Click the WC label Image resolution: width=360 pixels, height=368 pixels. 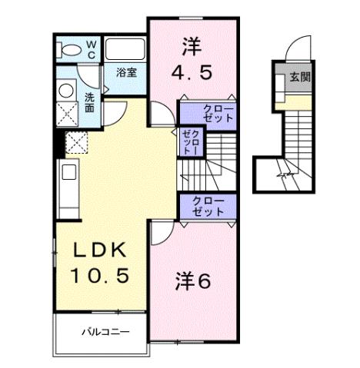(x=90, y=50)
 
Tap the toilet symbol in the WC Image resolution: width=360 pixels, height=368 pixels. (x=68, y=51)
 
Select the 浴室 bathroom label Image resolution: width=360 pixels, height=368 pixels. (x=126, y=72)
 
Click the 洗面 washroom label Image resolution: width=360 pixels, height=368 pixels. (x=90, y=103)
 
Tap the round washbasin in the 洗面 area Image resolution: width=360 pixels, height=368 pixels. (x=65, y=89)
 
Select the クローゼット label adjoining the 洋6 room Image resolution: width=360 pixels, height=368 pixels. (x=208, y=206)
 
